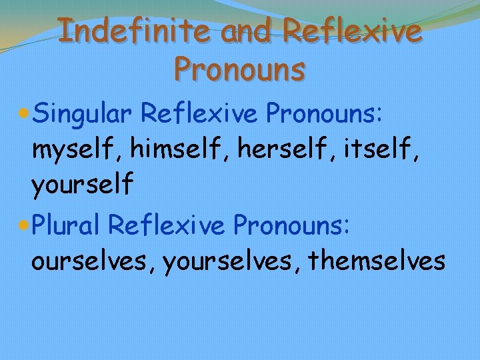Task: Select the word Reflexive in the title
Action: (x=353, y=31)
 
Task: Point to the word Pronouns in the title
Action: (x=239, y=68)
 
